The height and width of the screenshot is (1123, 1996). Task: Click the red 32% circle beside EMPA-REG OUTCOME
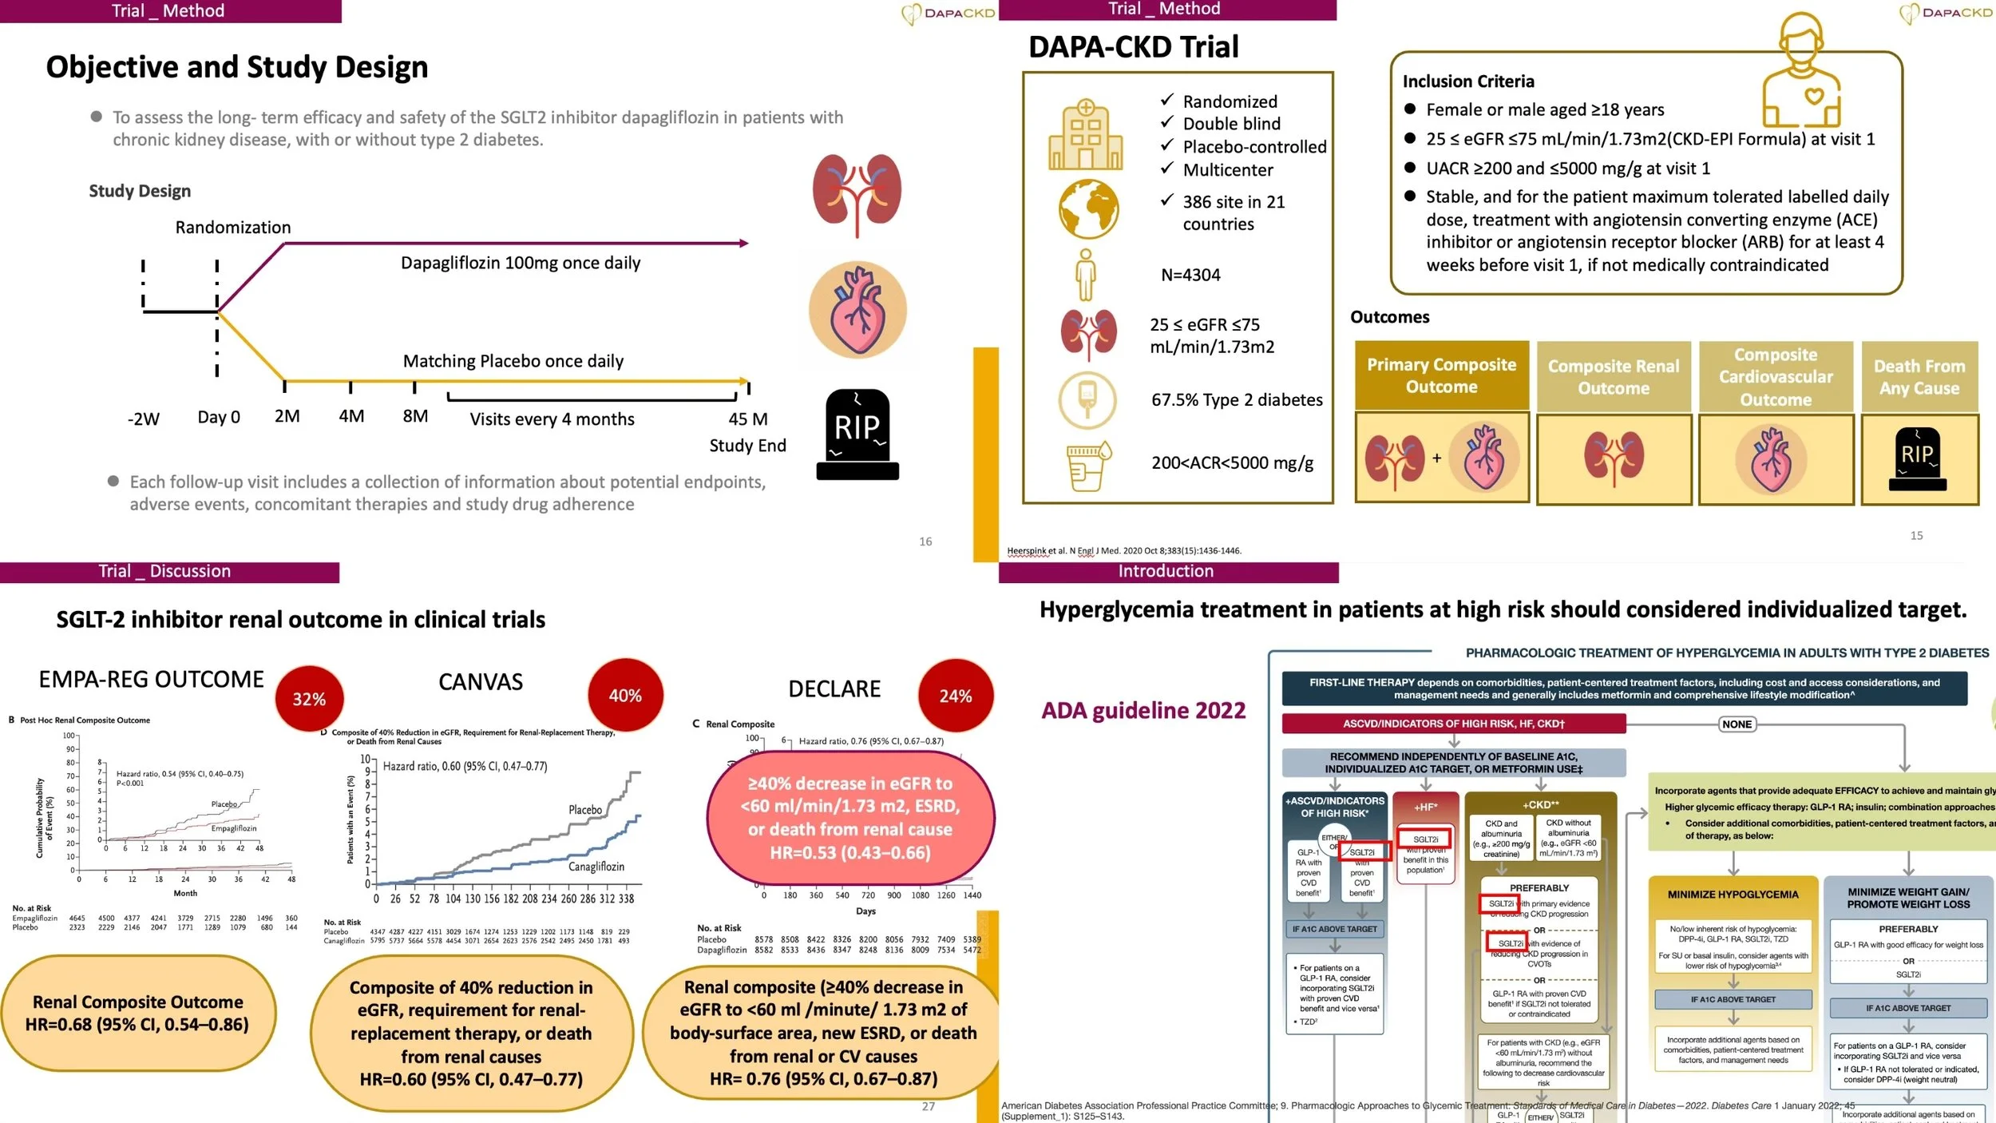[309, 699]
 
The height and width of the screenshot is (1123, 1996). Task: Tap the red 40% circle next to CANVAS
[625, 695]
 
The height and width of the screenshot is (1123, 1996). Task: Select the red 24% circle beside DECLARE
[956, 696]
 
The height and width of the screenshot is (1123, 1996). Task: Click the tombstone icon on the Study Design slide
[857, 435]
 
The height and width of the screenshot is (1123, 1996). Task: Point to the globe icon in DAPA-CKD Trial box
[1088, 209]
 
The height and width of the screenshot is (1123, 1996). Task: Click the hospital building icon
[1085, 135]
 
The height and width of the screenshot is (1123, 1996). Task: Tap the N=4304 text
[1190, 276]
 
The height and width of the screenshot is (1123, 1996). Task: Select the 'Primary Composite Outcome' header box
[1441, 375]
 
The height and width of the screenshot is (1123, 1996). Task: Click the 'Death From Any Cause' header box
[1919, 377]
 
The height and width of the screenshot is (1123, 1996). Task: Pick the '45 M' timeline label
[748, 419]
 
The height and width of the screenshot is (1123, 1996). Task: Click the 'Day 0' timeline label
[219, 417]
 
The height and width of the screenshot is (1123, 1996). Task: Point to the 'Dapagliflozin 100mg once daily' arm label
[521, 263]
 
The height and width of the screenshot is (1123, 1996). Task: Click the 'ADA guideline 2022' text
[1143, 710]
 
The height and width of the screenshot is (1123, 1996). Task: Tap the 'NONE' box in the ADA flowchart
[1737, 724]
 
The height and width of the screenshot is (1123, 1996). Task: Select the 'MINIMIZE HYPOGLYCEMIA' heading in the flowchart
[1733, 895]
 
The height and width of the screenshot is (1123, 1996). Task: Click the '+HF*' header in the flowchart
[1425, 808]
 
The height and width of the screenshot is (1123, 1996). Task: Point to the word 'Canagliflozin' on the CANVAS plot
[596, 867]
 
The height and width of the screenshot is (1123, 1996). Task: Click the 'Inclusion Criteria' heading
[1468, 81]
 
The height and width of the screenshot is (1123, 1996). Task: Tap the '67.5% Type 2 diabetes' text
[1237, 400]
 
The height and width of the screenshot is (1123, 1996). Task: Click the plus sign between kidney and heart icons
[1436, 458]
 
